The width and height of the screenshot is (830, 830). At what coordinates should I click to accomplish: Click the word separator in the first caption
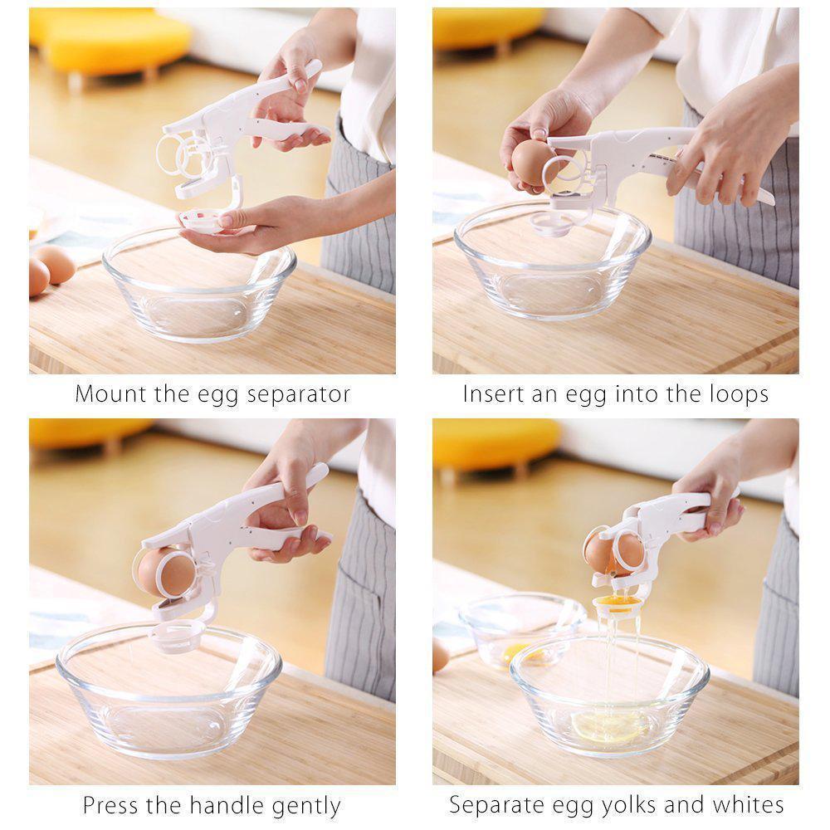[x=296, y=395]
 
